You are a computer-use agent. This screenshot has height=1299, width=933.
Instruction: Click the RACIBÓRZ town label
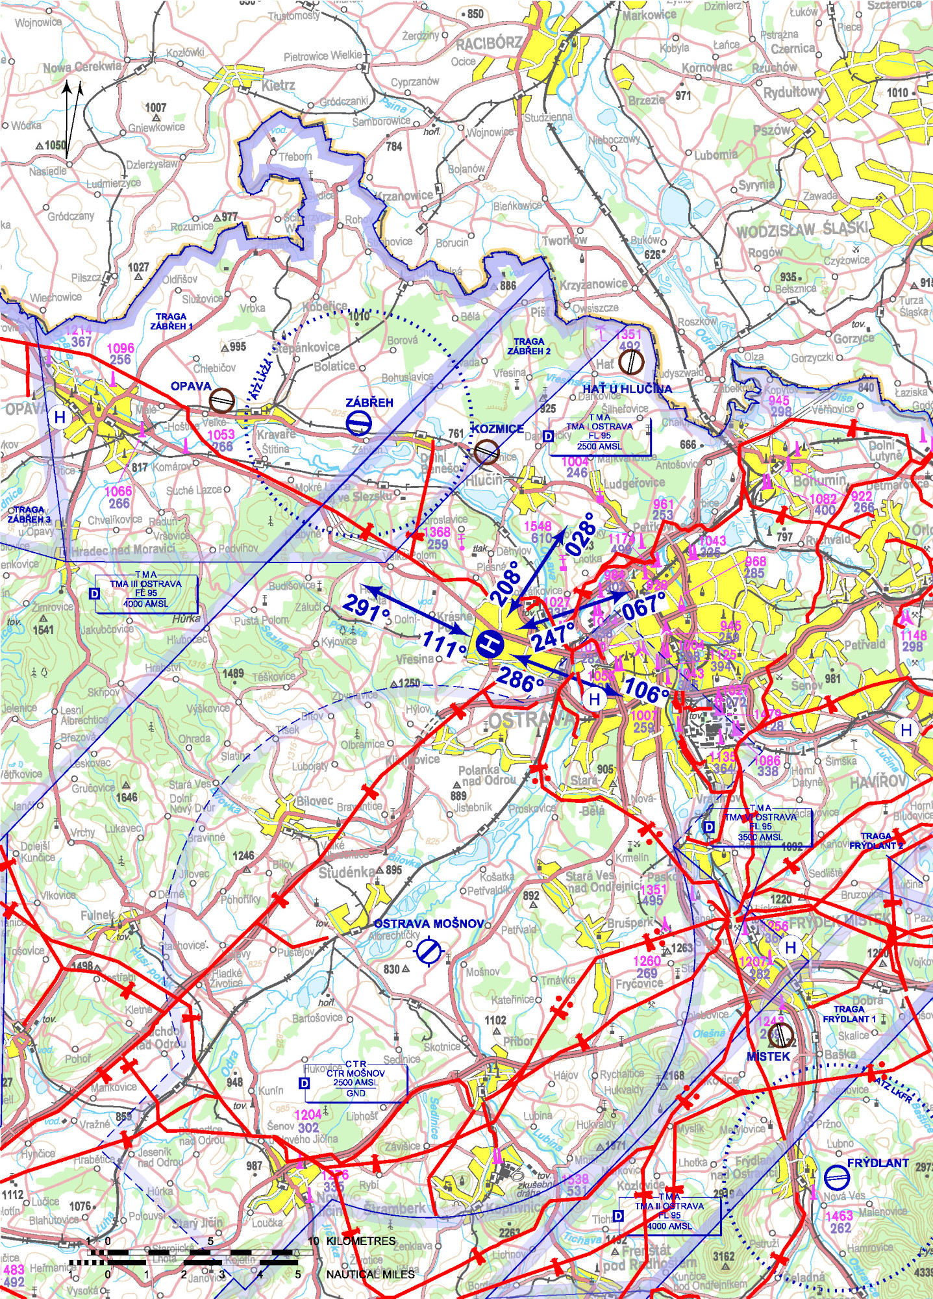click(488, 44)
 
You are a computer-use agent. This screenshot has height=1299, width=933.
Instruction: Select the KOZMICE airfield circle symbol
click(486, 451)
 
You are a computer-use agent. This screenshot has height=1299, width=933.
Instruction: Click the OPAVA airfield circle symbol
click(222, 399)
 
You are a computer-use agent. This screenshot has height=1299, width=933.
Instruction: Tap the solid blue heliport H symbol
click(490, 644)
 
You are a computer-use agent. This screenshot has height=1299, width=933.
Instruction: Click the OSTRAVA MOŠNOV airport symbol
click(429, 951)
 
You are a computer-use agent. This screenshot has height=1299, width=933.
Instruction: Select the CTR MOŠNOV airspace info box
click(356, 1083)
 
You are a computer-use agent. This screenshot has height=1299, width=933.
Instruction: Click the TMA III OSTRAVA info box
click(146, 593)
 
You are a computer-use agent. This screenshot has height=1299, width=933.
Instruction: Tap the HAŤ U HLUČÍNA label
click(627, 388)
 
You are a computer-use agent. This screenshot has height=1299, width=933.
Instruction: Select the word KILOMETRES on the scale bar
click(360, 1241)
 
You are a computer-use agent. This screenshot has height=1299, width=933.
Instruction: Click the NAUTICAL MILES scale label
click(370, 1274)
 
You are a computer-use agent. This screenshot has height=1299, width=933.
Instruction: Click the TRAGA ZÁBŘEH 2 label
click(529, 346)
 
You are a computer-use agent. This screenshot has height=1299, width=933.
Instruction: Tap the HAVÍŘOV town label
click(878, 782)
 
